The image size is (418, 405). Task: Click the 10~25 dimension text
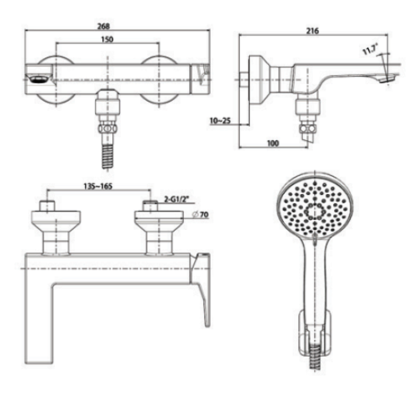point(220,122)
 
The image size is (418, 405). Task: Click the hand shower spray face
point(311,209)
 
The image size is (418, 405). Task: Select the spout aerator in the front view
point(37,79)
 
